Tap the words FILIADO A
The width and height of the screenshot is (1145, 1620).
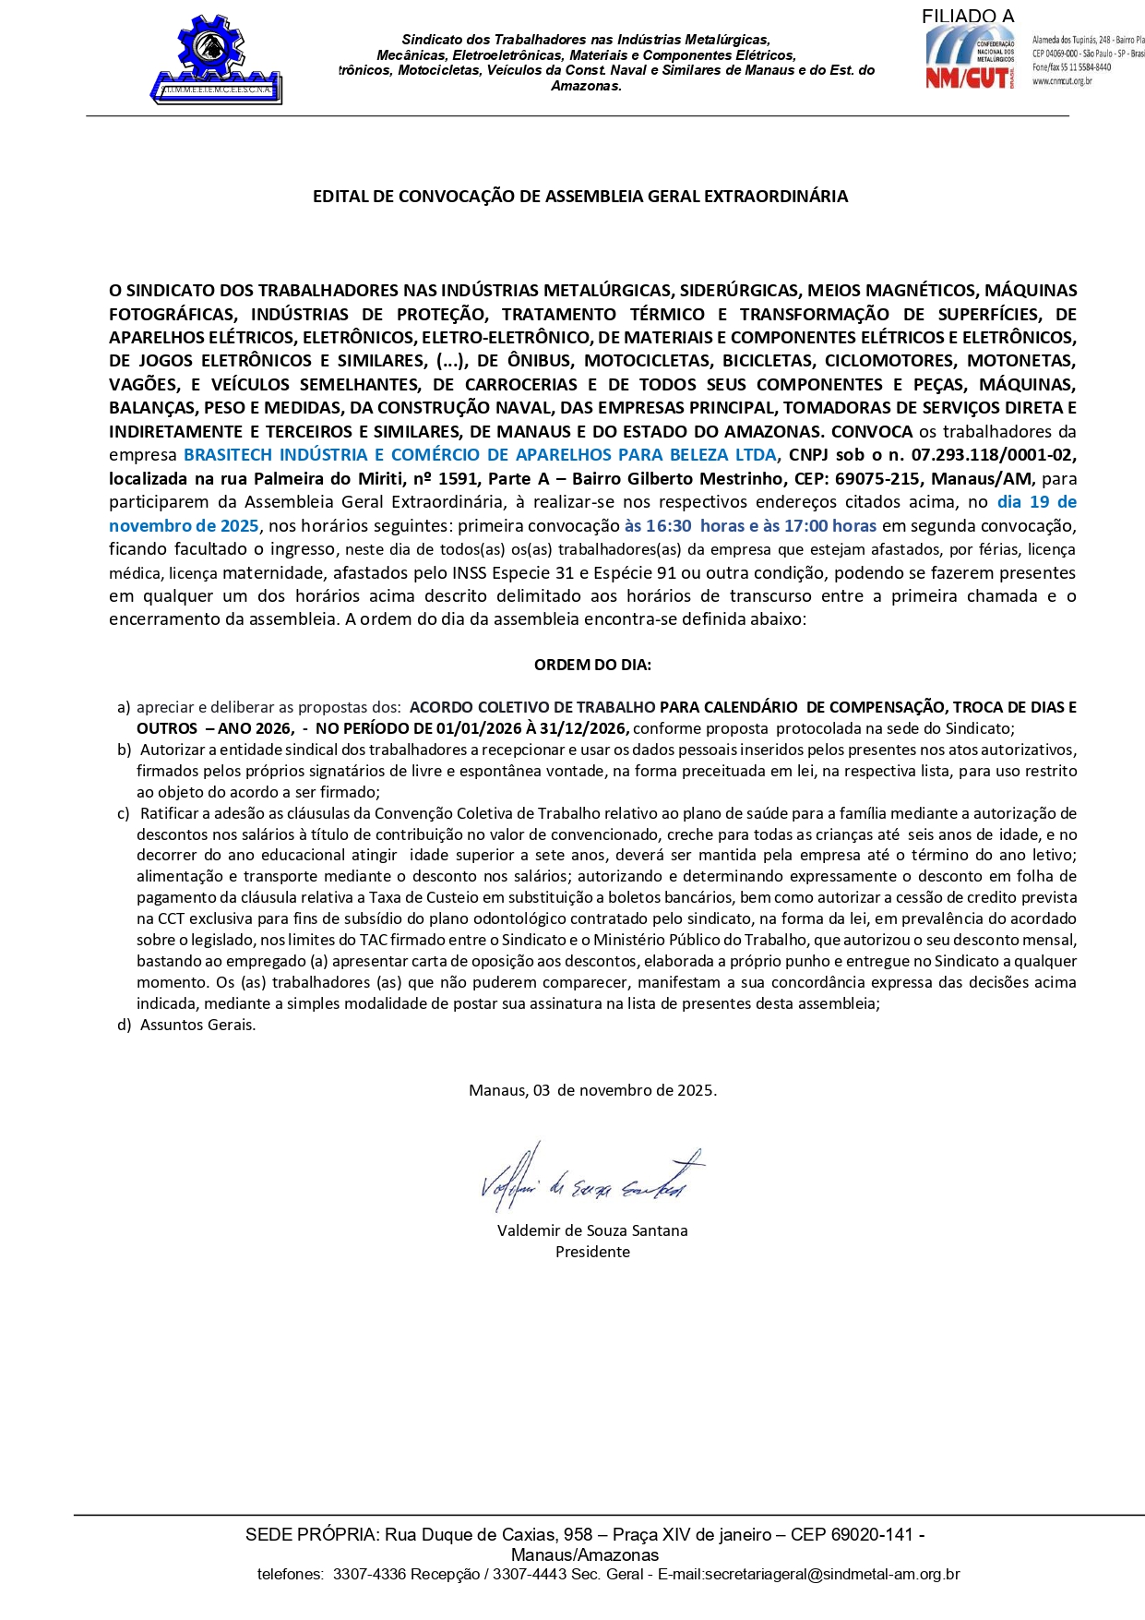[x=967, y=17]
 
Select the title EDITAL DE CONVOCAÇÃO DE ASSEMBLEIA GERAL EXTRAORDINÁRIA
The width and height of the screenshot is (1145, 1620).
[x=579, y=197]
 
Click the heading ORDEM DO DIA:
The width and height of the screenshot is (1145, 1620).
[x=592, y=665]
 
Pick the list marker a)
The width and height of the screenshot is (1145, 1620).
[x=124, y=708]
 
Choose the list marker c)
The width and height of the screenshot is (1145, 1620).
[x=123, y=814]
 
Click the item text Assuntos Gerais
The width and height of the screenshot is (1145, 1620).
[x=197, y=1026]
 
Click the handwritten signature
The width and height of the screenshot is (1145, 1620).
[x=591, y=1179]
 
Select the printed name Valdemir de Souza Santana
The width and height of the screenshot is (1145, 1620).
[x=592, y=1231]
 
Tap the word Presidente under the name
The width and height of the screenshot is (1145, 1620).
[x=592, y=1253]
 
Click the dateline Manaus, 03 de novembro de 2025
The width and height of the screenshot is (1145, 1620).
[x=592, y=1090]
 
